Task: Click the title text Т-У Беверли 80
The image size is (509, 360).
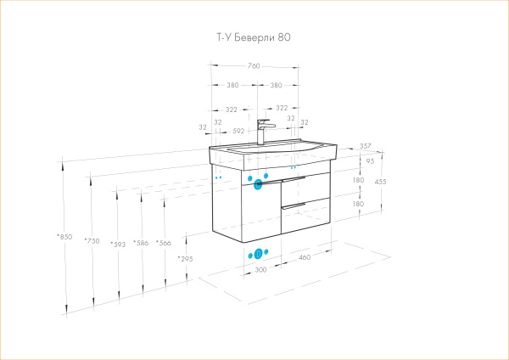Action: (254, 37)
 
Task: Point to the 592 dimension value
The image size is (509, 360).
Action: (238, 131)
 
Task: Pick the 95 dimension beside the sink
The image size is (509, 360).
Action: (369, 161)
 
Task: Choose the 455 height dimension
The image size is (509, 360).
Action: (382, 182)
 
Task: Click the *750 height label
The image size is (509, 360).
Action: (92, 241)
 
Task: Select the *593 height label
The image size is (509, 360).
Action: (118, 244)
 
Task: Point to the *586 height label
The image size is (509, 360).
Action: (141, 244)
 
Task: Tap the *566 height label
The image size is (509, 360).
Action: (163, 244)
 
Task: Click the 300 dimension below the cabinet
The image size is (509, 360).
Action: (260, 269)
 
